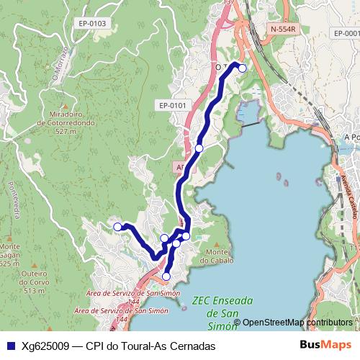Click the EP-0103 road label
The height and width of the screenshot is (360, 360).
[x=93, y=24]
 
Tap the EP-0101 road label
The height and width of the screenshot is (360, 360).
[x=172, y=105]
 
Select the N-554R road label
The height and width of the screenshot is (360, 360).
[x=283, y=29]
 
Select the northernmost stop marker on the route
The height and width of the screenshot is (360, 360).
[x=243, y=68]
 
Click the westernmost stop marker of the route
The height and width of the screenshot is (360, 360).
[x=118, y=227]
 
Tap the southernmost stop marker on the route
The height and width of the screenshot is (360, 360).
[x=166, y=276]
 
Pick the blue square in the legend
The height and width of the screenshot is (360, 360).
[x=10, y=346]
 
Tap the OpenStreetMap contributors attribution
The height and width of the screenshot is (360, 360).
[x=297, y=323]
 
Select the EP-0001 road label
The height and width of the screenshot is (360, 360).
[x=346, y=34]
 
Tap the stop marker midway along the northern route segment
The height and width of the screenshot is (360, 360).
[x=199, y=148]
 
